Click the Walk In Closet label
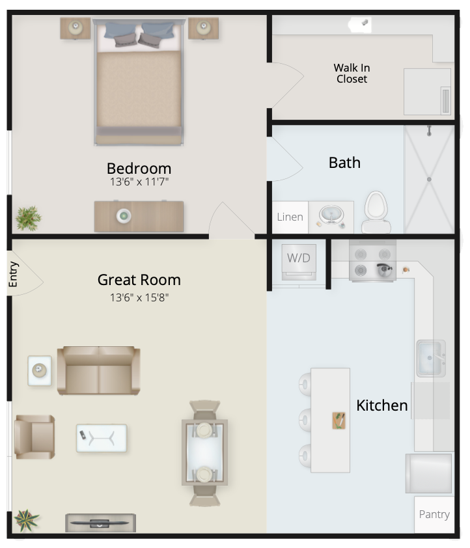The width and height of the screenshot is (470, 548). (352, 73)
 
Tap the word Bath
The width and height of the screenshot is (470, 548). (344, 163)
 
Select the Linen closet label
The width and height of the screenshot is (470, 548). (290, 217)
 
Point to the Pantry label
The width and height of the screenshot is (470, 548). (434, 514)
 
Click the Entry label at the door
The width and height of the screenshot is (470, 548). (12, 275)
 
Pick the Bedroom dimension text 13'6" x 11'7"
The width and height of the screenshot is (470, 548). (139, 182)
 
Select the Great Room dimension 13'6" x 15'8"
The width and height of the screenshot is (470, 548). (139, 297)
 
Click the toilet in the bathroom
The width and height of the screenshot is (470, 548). (376, 212)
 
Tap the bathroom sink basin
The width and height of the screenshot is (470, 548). (331, 215)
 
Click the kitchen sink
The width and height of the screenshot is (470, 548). (431, 358)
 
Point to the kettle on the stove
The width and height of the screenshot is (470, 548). (384, 270)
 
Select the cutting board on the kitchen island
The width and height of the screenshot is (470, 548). (339, 420)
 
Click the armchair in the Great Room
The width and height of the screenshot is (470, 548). (35, 437)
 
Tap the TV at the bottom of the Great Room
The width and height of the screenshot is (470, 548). (100, 523)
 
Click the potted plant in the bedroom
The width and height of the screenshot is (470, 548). (28, 218)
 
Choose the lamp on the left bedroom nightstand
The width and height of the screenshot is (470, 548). (76, 27)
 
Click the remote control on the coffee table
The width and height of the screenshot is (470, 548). (83, 435)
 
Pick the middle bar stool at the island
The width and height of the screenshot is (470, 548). (305, 419)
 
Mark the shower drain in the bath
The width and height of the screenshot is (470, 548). (429, 179)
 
